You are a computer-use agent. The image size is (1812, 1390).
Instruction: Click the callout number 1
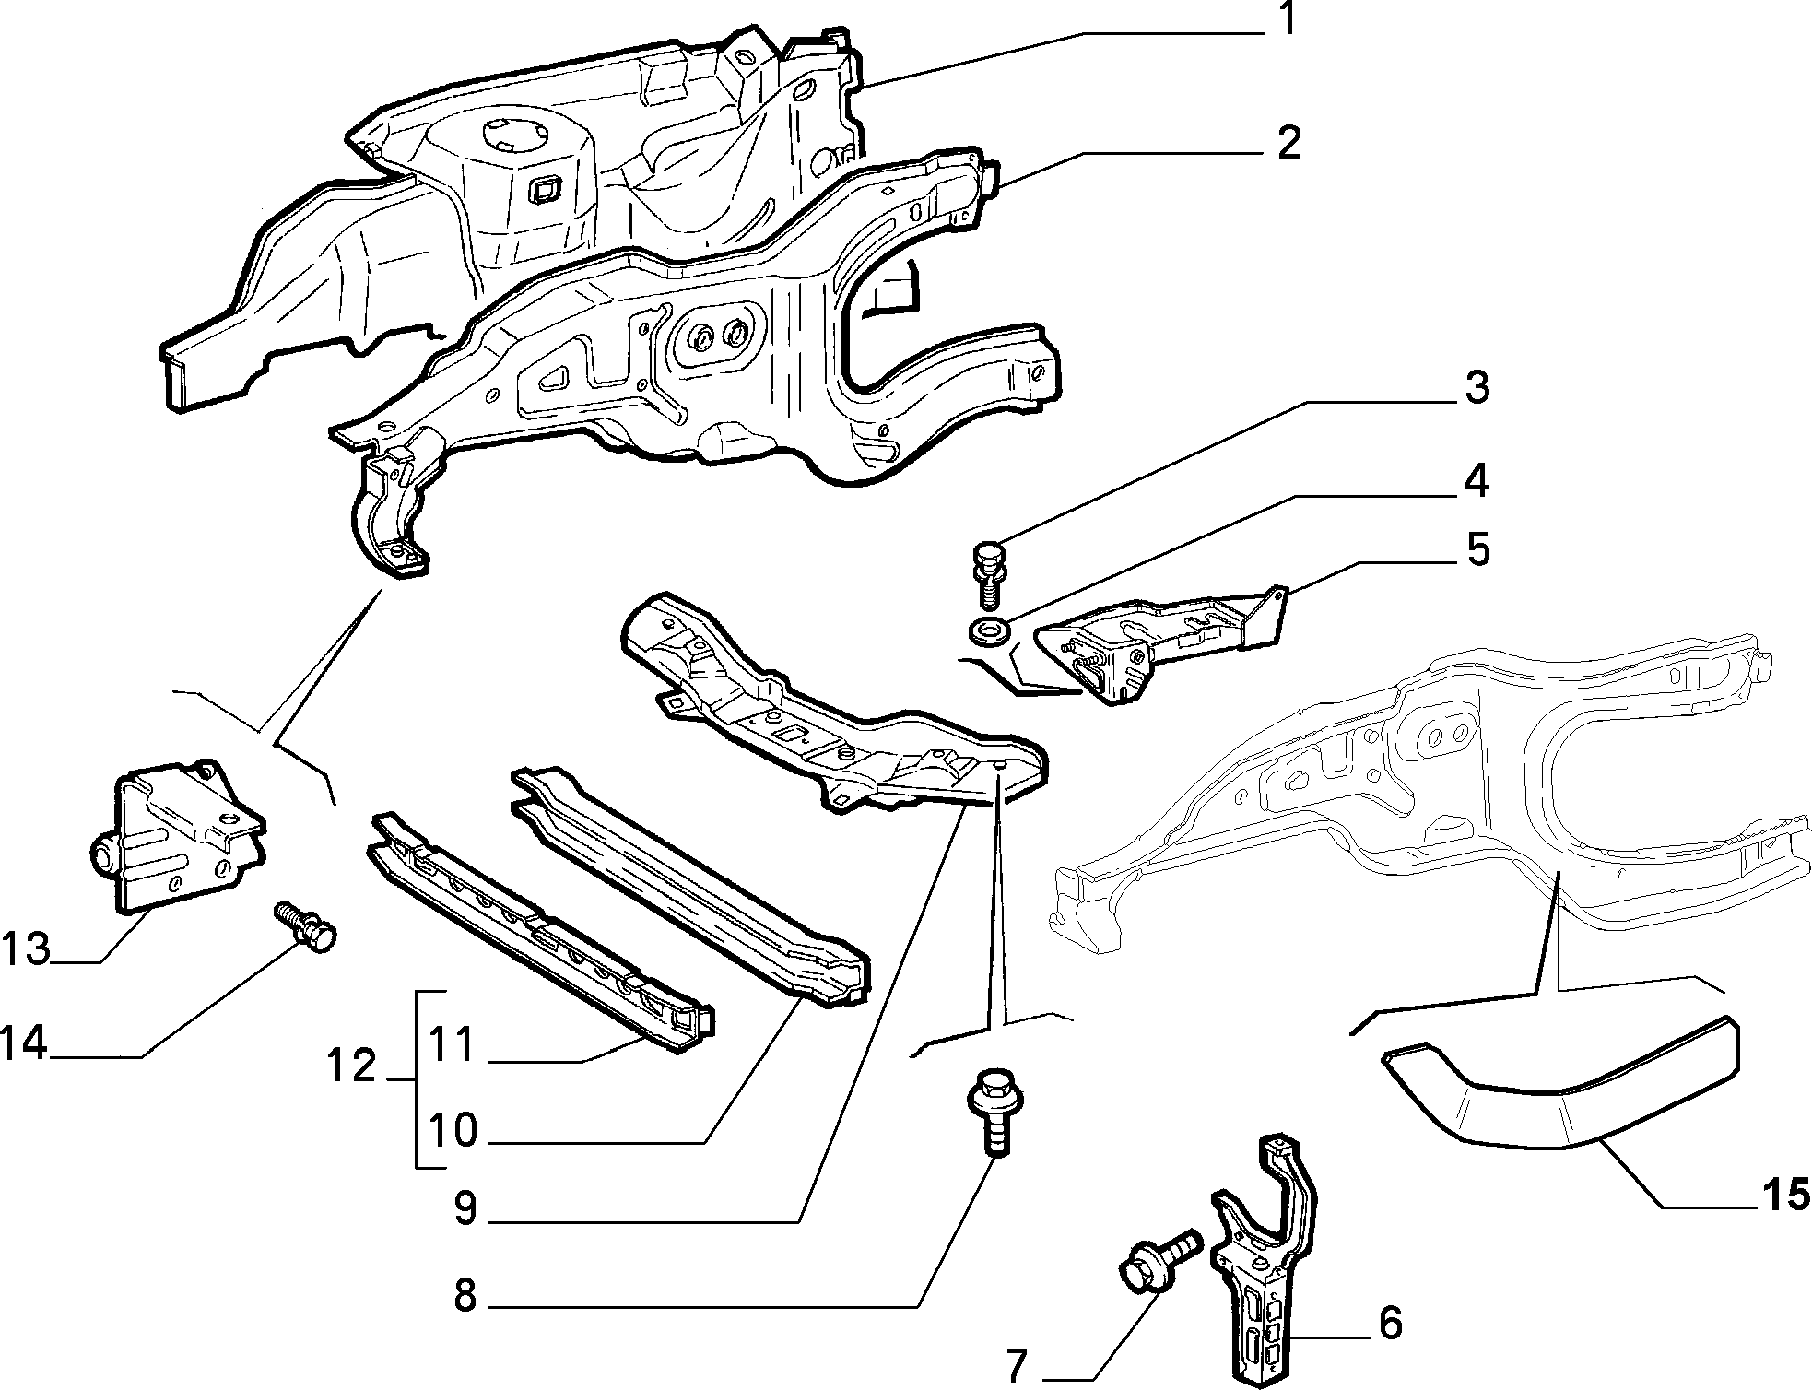click(1287, 19)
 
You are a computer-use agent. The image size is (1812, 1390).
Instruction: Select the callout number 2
click(1288, 145)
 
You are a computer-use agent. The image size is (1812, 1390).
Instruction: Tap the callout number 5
click(1477, 549)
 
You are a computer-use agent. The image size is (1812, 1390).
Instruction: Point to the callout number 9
click(465, 1208)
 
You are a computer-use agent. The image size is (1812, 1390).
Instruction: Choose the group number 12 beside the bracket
click(351, 1066)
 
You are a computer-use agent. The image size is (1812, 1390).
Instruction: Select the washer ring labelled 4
click(988, 631)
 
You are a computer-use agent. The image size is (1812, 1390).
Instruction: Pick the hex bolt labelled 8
click(993, 1110)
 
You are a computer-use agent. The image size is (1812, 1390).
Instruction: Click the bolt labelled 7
click(1159, 1261)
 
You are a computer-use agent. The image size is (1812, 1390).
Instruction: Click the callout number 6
click(1390, 1324)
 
